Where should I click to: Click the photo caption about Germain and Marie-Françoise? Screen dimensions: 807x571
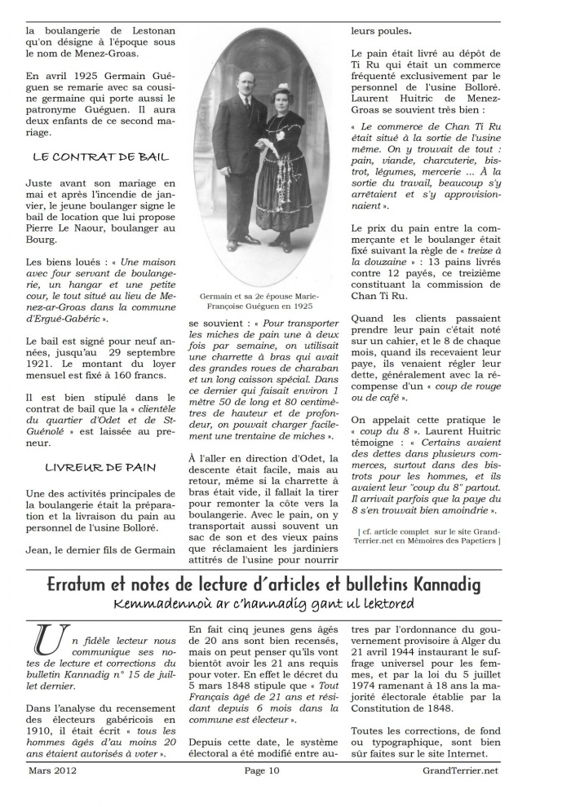point(260,302)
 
